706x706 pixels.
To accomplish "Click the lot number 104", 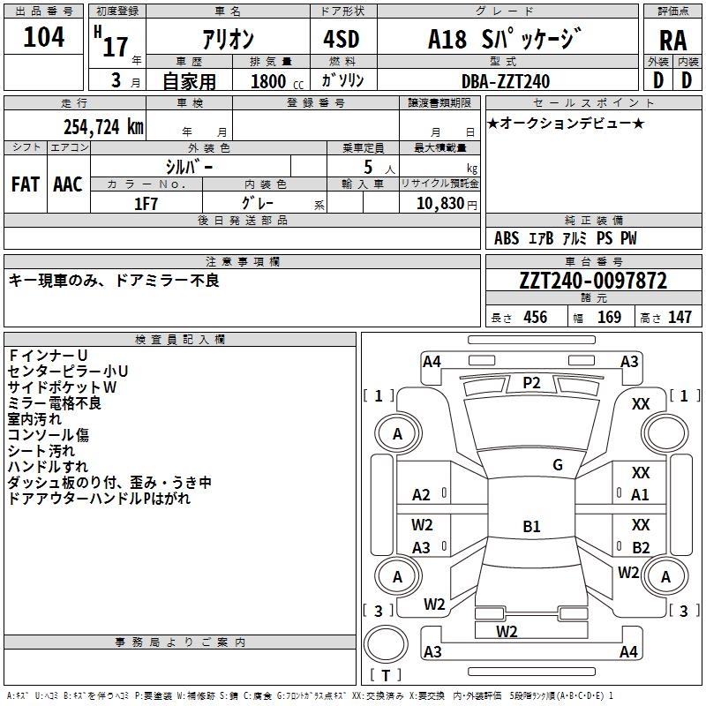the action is pyautogui.click(x=43, y=37).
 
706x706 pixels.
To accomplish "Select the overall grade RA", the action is pyautogui.click(x=672, y=41).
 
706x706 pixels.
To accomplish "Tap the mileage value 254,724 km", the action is pyautogui.click(x=103, y=127).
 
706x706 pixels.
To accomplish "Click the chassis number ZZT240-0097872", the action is pyautogui.click(x=593, y=281).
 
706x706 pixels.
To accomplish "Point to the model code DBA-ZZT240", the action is pyautogui.click(x=506, y=81).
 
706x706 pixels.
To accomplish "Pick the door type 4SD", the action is pyautogui.click(x=342, y=39).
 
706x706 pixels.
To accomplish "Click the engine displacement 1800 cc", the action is pyautogui.click(x=277, y=81).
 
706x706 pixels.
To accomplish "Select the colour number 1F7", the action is pyautogui.click(x=146, y=204).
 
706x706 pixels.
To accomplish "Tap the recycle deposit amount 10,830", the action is pyautogui.click(x=439, y=204).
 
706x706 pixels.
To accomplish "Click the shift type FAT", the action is pyautogui.click(x=26, y=184).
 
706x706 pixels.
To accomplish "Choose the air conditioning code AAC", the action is pyautogui.click(x=68, y=184).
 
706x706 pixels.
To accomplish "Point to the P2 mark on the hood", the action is pyautogui.click(x=531, y=383).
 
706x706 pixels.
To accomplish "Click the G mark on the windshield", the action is pyautogui.click(x=558, y=465).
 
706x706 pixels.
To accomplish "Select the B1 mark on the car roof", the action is pyautogui.click(x=531, y=526).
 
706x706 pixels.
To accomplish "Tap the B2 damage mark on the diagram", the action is pyautogui.click(x=641, y=547).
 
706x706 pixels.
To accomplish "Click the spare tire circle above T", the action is pyautogui.click(x=386, y=644).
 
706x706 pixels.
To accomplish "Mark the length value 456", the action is pyautogui.click(x=536, y=317).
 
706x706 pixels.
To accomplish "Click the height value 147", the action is pyautogui.click(x=680, y=317).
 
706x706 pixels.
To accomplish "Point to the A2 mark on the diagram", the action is pyautogui.click(x=421, y=495).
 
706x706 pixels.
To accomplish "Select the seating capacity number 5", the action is pyautogui.click(x=368, y=167).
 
